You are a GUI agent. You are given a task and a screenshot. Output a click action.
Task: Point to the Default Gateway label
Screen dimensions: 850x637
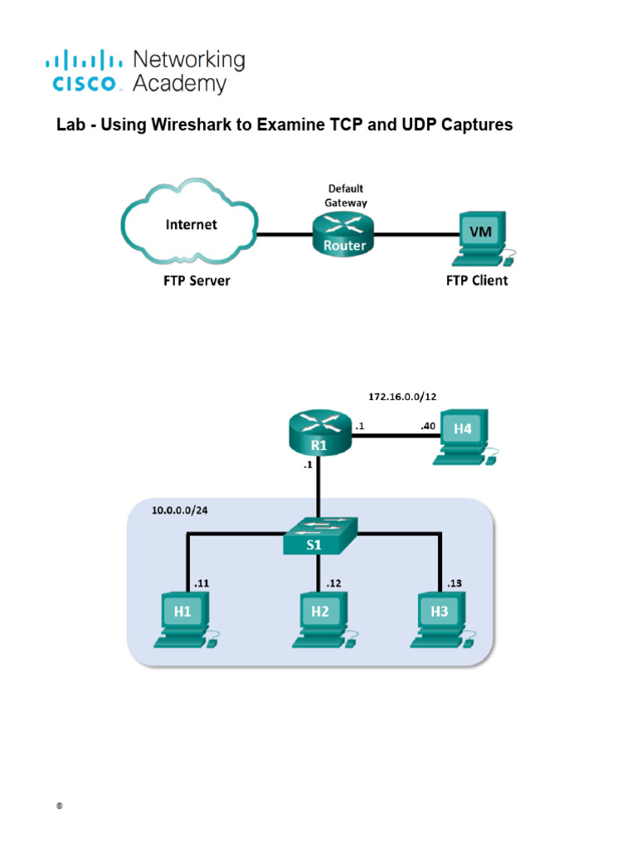345,195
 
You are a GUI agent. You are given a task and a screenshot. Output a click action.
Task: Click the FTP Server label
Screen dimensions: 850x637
197,281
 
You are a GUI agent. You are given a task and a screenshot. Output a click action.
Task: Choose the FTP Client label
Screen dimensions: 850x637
477,281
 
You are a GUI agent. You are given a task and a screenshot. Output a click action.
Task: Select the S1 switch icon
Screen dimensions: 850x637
319,536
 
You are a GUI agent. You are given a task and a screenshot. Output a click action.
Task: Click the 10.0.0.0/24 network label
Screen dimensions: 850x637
179,510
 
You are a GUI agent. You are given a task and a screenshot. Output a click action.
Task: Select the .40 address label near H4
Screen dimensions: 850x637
427,426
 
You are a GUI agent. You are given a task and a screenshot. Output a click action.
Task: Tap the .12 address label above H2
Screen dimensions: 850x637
333,584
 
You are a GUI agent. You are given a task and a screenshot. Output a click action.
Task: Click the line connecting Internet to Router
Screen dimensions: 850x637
284,234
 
